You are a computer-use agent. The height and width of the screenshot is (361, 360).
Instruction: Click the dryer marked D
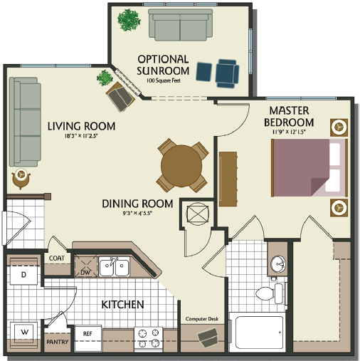click(x=23, y=275)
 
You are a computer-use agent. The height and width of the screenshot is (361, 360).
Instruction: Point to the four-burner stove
click(x=150, y=337)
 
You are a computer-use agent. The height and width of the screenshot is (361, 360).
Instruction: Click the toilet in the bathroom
click(x=267, y=292)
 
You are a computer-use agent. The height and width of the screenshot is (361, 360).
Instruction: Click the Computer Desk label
click(x=201, y=319)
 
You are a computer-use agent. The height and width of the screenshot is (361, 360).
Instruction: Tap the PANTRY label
click(x=56, y=342)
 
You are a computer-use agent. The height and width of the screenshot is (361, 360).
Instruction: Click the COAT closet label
click(x=57, y=258)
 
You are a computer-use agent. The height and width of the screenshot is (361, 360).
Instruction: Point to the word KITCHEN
click(x=122, y=305)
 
